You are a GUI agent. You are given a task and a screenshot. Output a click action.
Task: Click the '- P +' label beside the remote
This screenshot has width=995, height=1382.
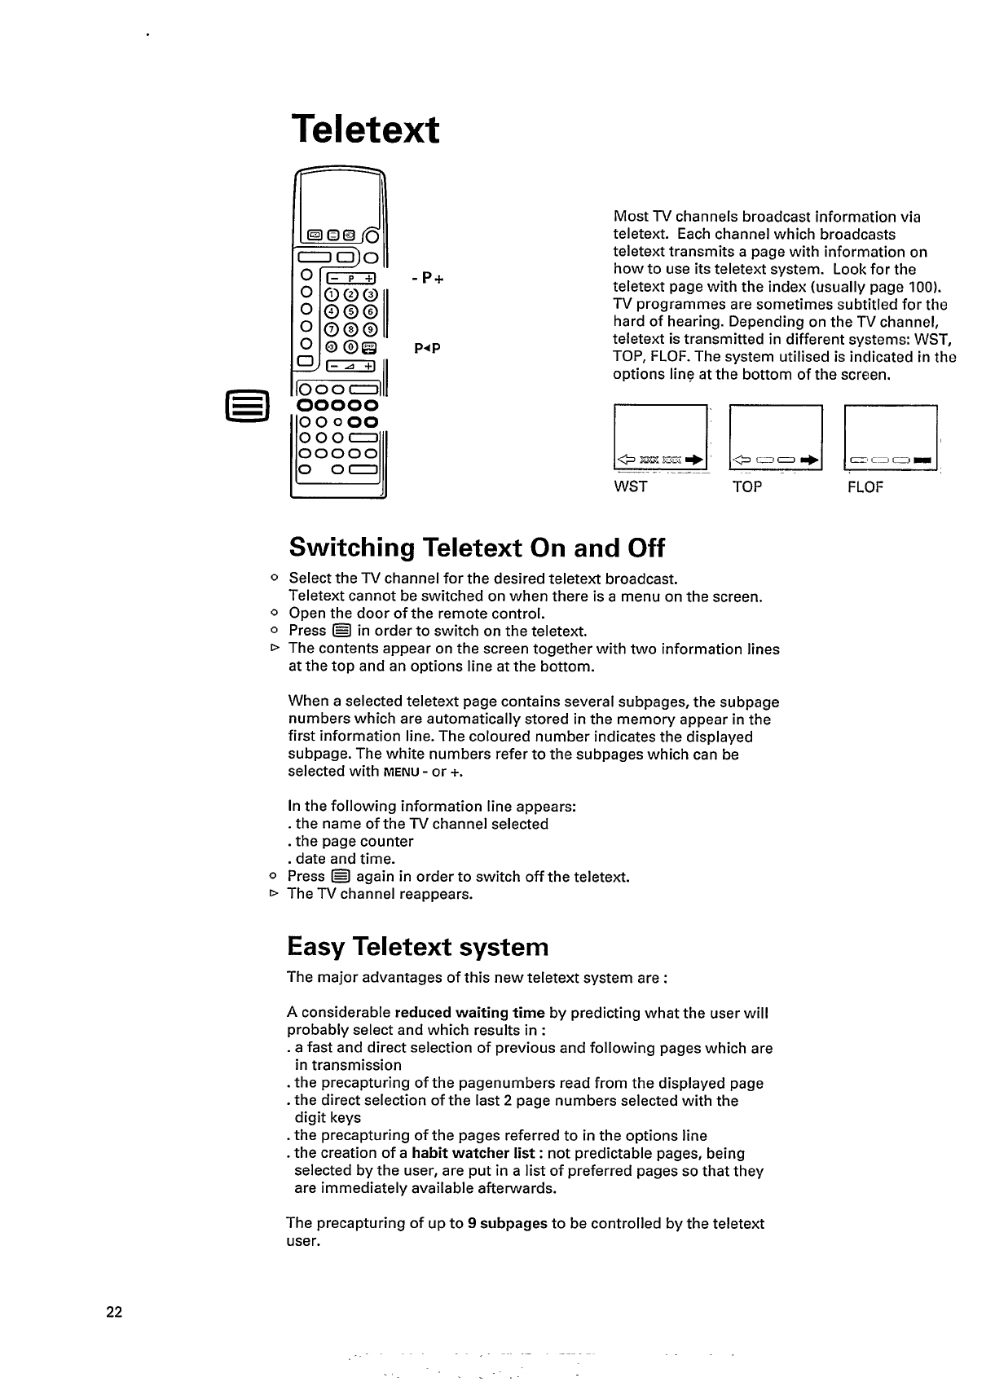pos(427,279)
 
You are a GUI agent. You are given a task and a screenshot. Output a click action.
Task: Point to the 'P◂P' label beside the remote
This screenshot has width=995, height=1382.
pos(427,349)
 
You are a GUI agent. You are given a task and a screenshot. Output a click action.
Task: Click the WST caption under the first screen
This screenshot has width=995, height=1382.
pos(630,487)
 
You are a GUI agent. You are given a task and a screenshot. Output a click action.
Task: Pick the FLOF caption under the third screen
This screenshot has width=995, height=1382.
pos(865,487)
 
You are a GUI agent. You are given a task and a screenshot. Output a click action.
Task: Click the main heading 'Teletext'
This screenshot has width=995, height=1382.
pos(365,130)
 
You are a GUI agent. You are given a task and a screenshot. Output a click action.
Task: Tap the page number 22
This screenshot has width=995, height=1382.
pos(113,1311)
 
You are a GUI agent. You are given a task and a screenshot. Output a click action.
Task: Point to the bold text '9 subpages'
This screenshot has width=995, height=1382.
pos(507,1223)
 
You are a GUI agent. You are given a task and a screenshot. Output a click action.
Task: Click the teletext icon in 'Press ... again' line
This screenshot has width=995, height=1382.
pos(341,877)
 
